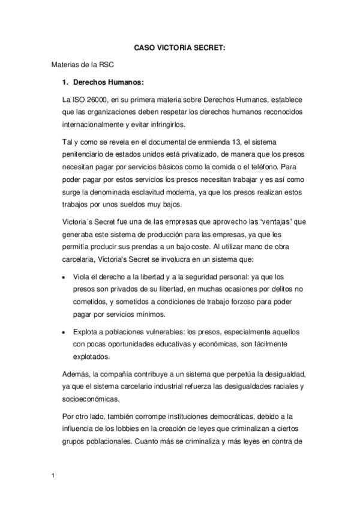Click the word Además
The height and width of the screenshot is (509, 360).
(77, 375)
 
